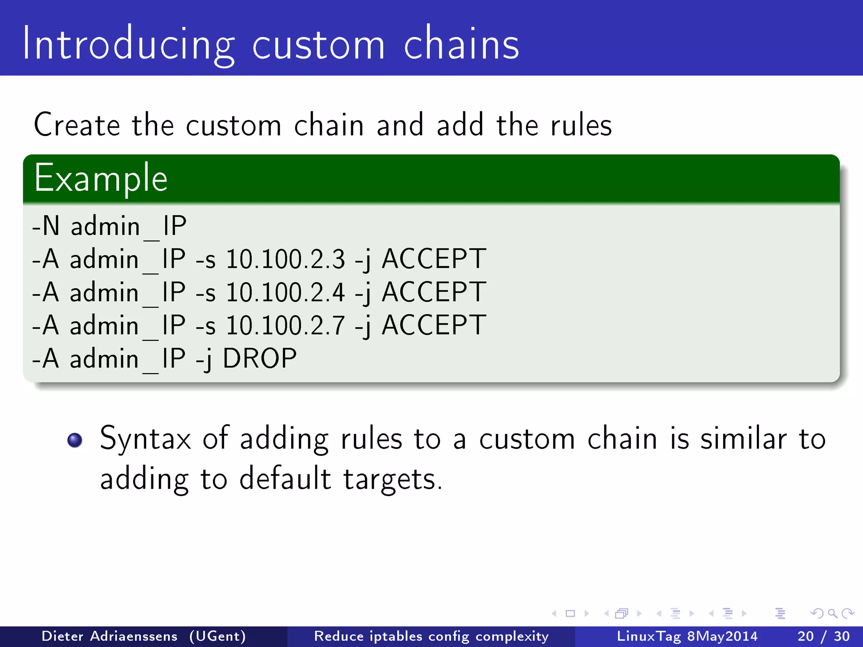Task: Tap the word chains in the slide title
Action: pos(461,44)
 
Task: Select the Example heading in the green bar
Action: pos(101,179)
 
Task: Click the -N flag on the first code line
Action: pos(46,226)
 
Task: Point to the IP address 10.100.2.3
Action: pos(286,259)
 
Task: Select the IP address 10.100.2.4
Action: pos(286,292)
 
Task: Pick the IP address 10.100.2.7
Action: pos(286,326)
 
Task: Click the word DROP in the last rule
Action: pos(260,359)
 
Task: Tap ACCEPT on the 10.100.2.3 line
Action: pos(434,259)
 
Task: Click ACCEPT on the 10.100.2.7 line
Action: pos(434,326)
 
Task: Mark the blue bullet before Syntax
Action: pos(75,440)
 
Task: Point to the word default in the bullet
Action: pos(285,479)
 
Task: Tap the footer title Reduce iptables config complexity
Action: pos(431,636)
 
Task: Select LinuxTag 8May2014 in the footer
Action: pos(687,636)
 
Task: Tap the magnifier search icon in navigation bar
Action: pos(832,614)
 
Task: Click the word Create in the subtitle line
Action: pos(77,125)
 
